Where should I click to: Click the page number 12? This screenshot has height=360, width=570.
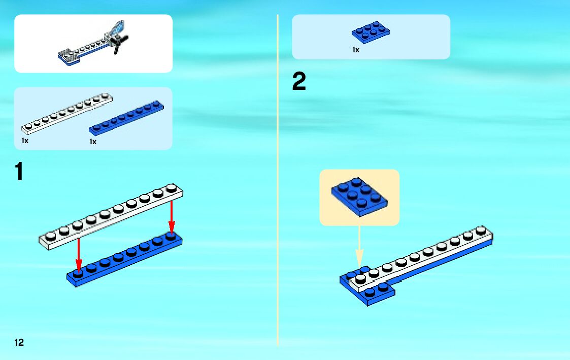[x=19, y=342]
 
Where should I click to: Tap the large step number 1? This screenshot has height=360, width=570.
[x=19, y=172]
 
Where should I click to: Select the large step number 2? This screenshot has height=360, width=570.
[x=299, y=82]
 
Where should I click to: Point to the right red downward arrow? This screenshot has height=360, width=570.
[x=172, y=217]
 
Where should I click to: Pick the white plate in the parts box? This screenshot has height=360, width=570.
[x=66, y=113]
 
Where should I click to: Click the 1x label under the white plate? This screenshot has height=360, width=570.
[x=25, y=141]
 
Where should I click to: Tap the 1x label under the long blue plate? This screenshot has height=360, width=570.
[x=93, y=142]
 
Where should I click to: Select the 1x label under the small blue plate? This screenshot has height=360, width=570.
[x=356, y=50]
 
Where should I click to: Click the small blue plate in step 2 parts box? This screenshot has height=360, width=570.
[x=371, y=32]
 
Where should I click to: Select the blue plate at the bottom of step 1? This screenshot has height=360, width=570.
[x=124, y=259]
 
